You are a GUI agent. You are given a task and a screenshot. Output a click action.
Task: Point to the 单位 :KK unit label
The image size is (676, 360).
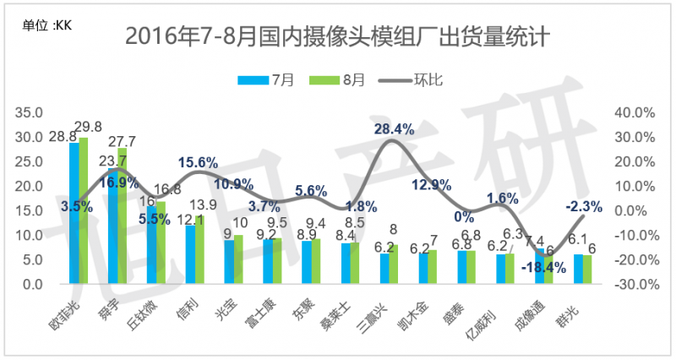[x=49, y=25]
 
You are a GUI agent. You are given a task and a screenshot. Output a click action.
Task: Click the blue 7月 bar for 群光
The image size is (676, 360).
[x=578, y=270]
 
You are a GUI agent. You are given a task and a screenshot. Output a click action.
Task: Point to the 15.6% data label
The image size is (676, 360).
[x=198, y=162]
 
